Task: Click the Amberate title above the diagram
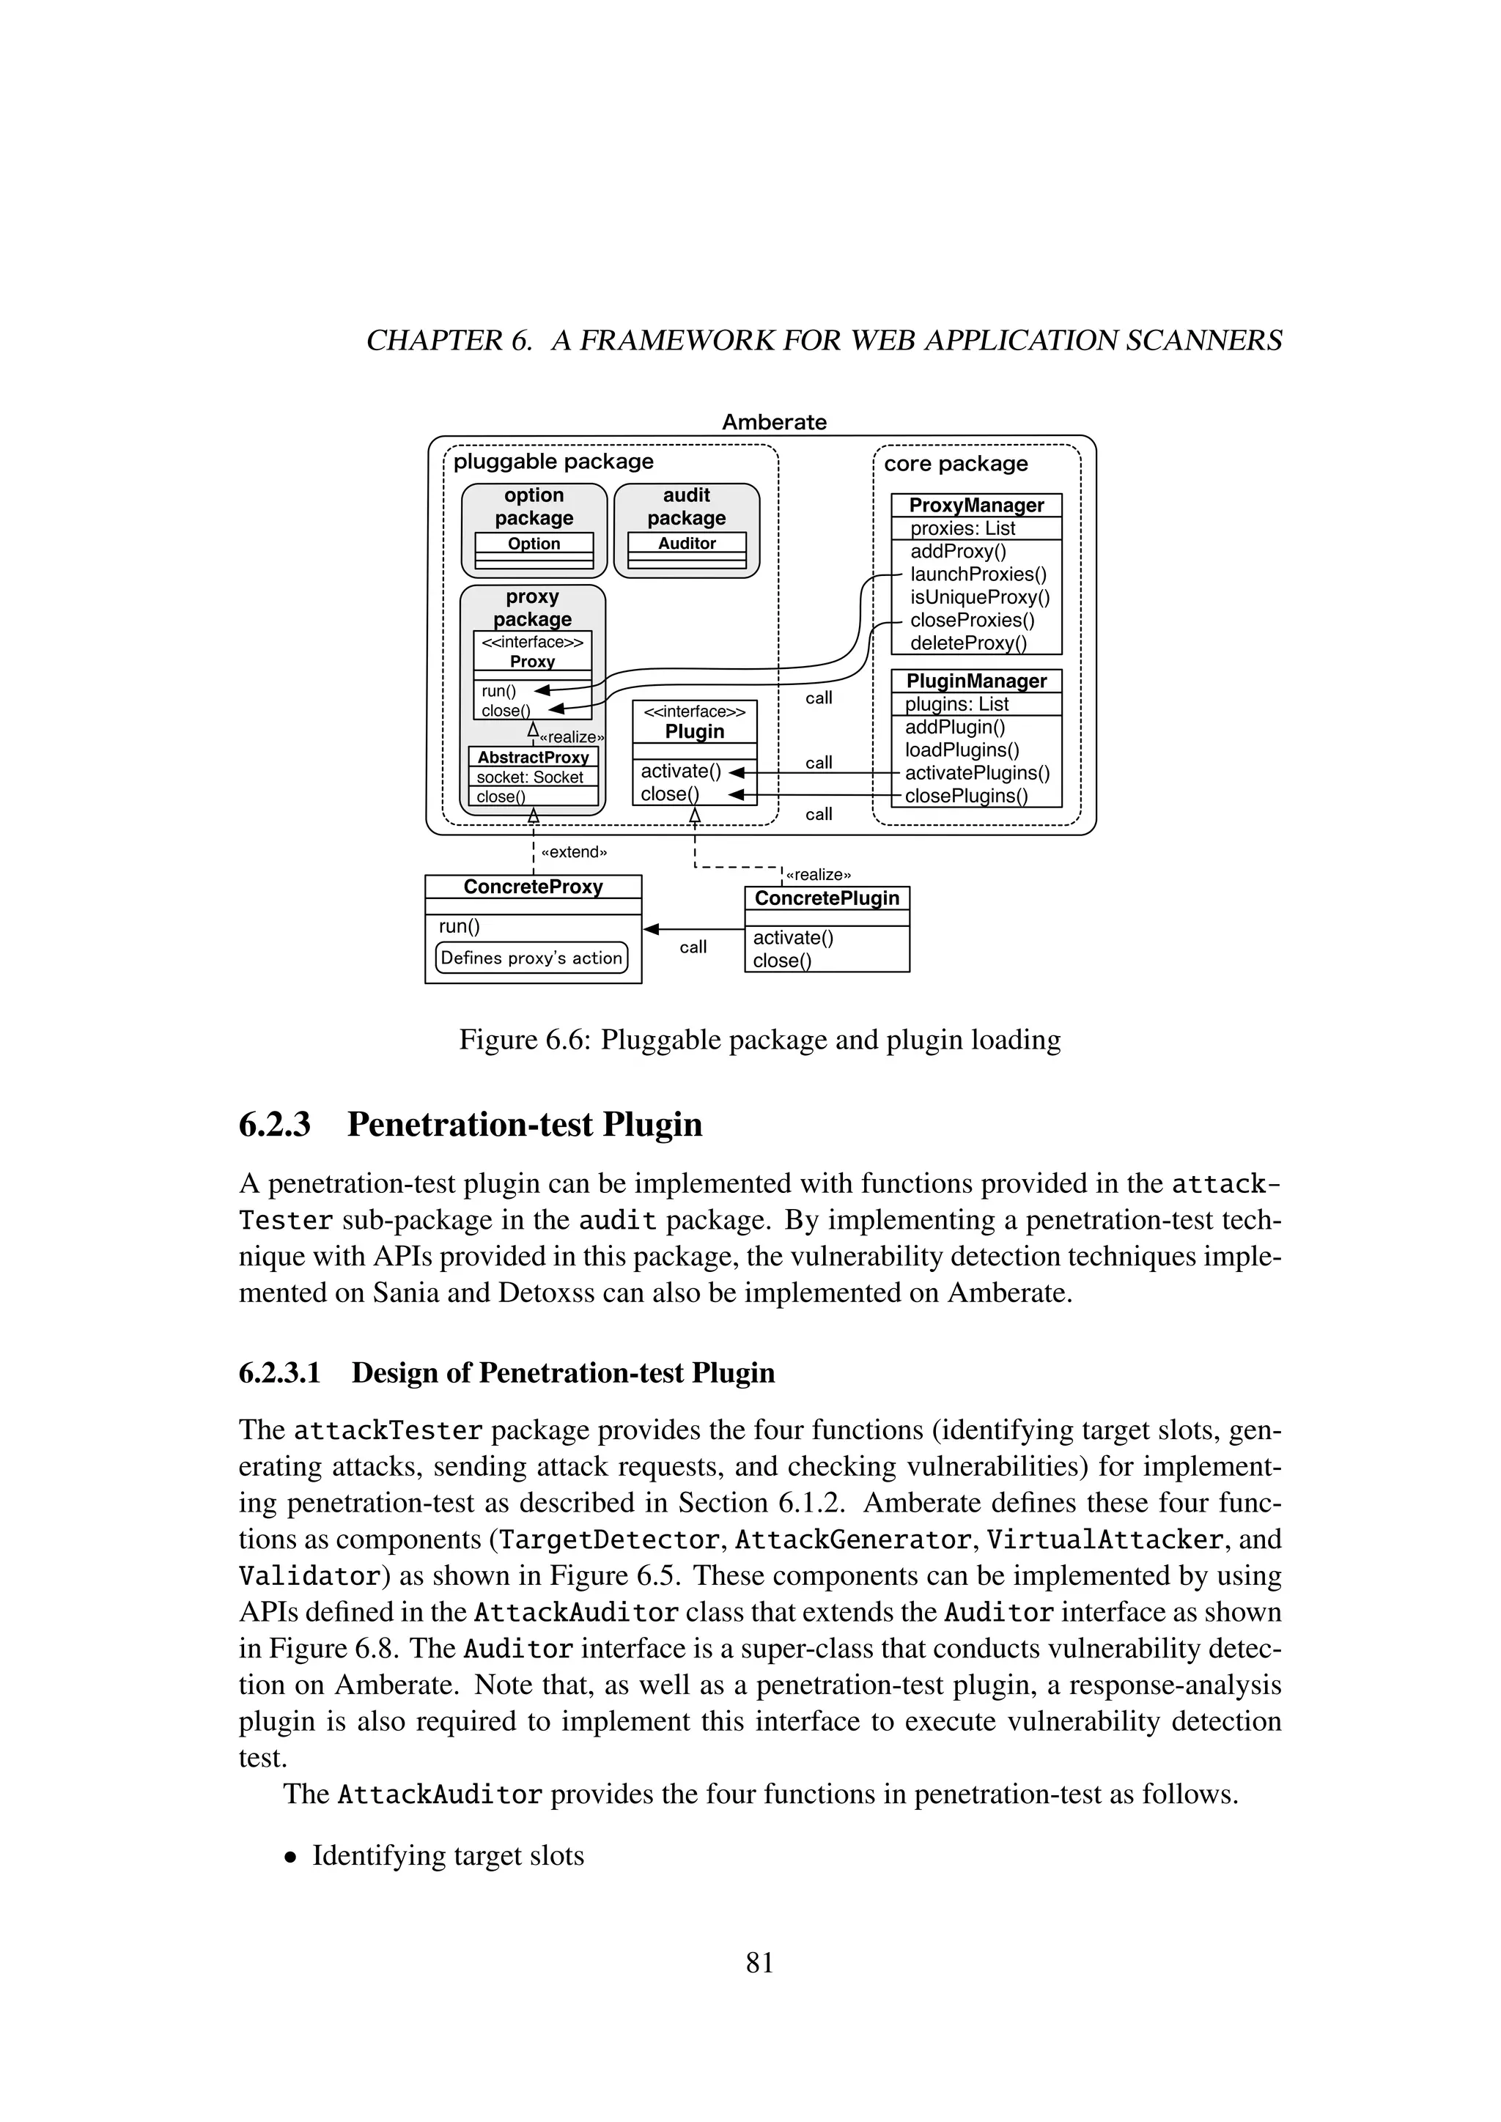[x=774, y=422]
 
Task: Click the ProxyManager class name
[x=976, y=506]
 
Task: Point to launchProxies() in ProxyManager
[x=978, y=574]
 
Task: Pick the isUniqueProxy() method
[x=980, y=597]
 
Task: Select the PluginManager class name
[x=976, y=681]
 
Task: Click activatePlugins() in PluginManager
[x=977, y=772]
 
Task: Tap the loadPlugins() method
[x=962, y=750]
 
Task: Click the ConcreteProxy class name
[x=534, y=887]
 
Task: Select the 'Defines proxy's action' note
[x=531, y=958]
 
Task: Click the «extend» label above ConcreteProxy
[x=573, y=852]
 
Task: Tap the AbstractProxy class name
[x=534, y=757]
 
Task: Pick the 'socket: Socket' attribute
[x=530, y=777]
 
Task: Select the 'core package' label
[x=956, y=464]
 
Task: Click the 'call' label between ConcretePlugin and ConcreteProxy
[x=693, y=947]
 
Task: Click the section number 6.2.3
[x=275, y=1125]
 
